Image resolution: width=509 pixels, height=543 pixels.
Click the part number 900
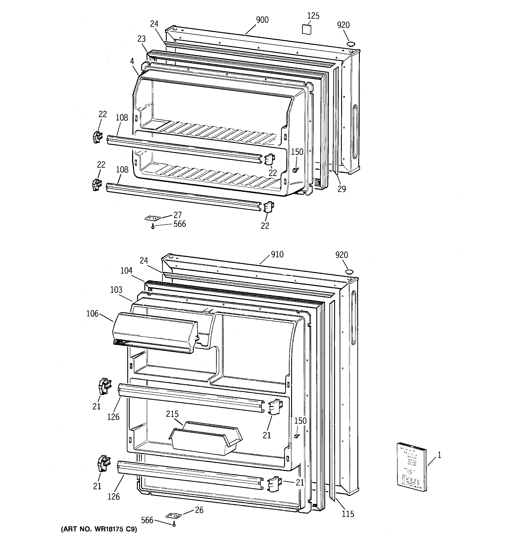click(262, 20)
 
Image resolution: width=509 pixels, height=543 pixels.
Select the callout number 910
click(277, 254)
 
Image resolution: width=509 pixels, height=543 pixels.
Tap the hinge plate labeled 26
click(174, 515)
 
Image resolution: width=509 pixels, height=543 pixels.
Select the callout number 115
click(348, 514)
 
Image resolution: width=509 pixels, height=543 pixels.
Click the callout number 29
click(342, 189)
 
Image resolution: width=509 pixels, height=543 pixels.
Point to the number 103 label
click(116, 290)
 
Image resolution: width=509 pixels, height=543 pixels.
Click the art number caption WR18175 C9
click(99, 537)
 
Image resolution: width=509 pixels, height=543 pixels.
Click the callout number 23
click(142, 39)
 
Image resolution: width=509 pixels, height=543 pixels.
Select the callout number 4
click(132, 61)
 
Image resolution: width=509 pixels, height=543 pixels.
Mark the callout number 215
click(172, 414)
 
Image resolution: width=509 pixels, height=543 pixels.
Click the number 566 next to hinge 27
click(179, 224)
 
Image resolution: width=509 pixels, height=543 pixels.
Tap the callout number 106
click(92, 314)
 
